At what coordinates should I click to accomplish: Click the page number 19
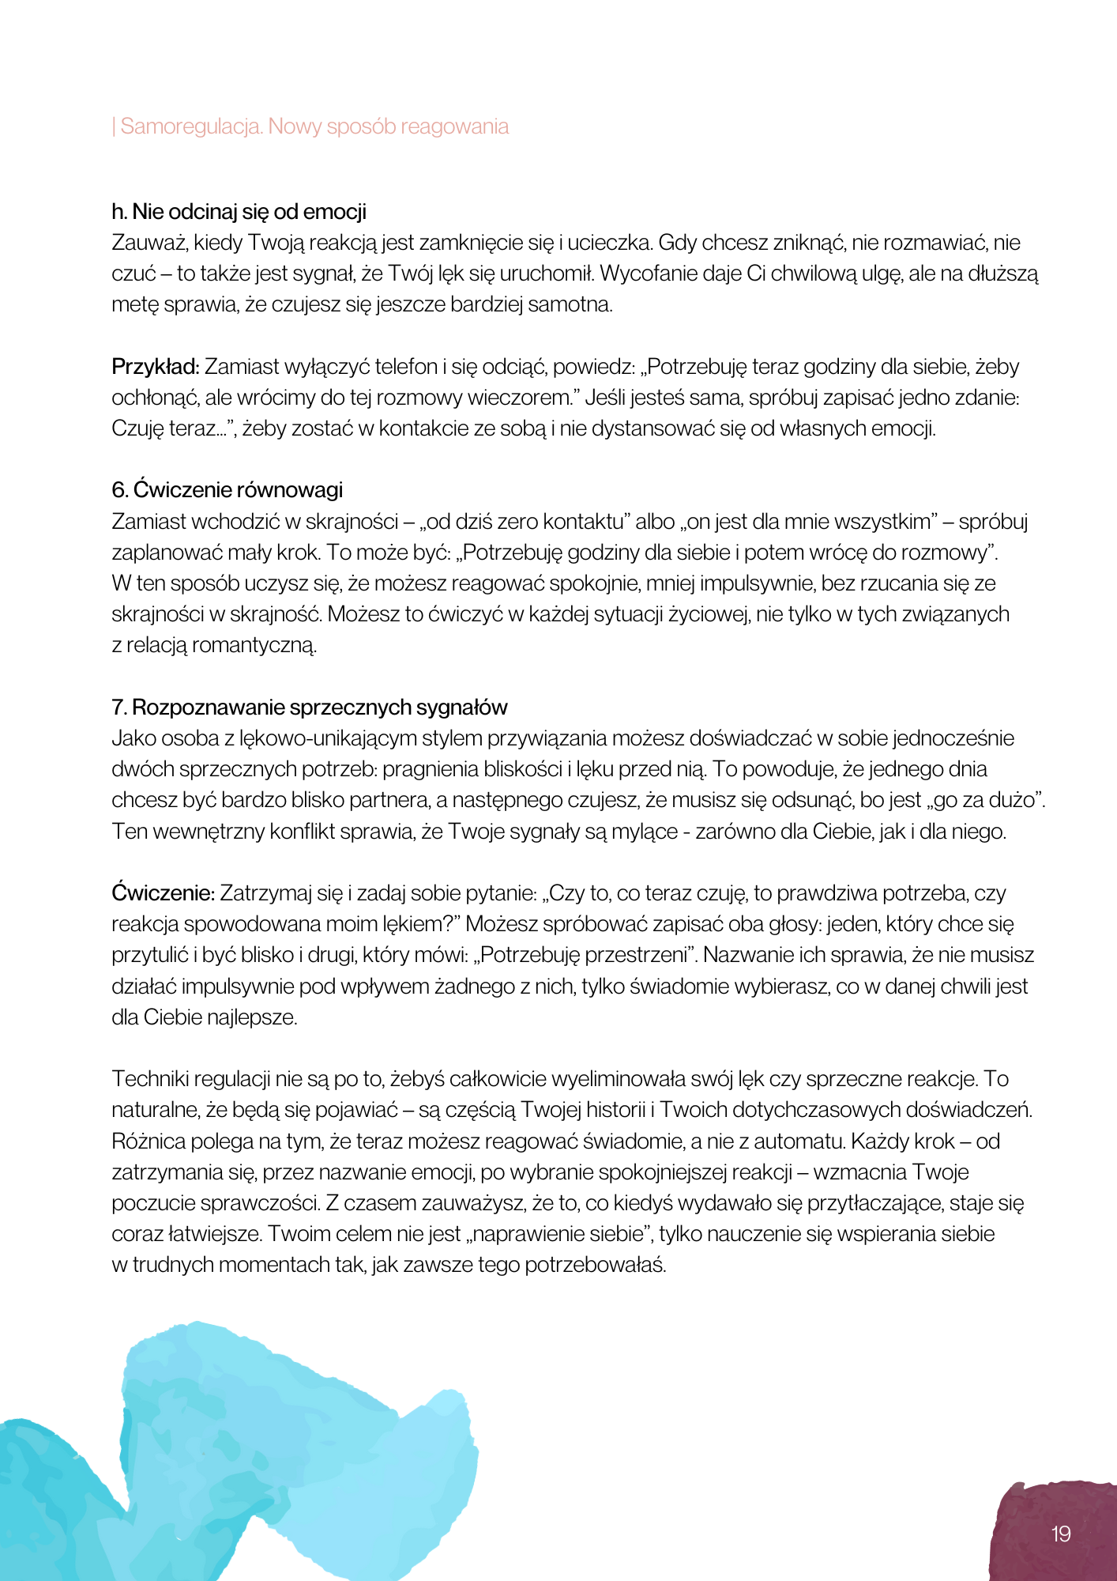pos(1061,1534)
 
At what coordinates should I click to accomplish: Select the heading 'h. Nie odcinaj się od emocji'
pos(239,212)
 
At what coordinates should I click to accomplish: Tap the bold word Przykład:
pos(156,367)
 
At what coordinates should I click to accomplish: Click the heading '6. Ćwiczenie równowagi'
pos(227,490)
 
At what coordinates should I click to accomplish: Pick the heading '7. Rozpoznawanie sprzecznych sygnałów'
pos(309,707)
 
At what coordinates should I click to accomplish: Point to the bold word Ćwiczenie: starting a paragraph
pos(163,893)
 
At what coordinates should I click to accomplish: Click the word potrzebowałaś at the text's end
pos(595,1265)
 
